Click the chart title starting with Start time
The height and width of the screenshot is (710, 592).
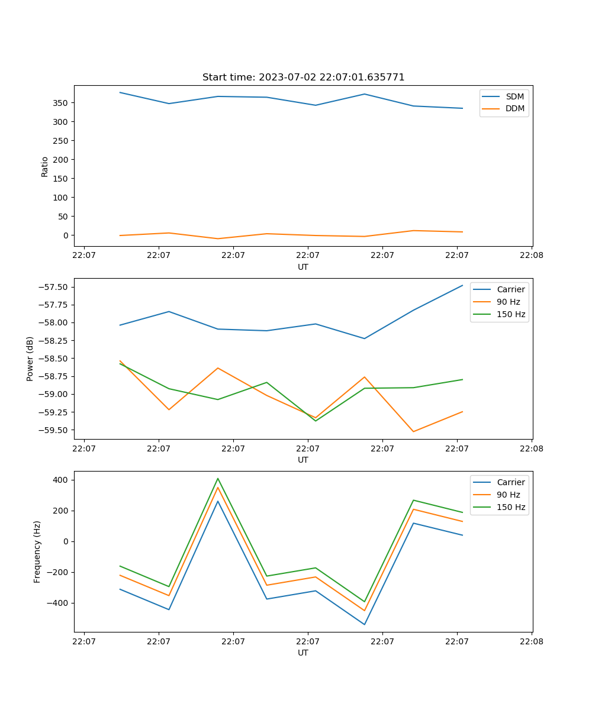tap(303, 78)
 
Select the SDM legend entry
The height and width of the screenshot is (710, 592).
tap(514, 96)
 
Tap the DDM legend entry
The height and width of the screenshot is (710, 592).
tap(514, 108)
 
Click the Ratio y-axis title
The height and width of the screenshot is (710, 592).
tap(45, 166)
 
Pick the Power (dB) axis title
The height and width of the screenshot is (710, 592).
tap(30, 359)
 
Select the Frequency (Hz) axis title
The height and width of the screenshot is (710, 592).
tap(37, 551)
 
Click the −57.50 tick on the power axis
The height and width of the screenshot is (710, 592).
tap(54, 288)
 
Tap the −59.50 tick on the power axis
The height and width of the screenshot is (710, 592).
tap(54, 430)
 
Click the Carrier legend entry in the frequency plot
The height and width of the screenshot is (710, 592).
tap(510, 482)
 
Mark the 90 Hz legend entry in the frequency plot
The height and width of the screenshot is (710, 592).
tap(509, 495)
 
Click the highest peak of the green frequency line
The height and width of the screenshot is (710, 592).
tap(218, 478)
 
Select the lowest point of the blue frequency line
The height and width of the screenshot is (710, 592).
tap(365, 625)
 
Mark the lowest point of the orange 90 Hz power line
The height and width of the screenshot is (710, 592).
tap(413, 431)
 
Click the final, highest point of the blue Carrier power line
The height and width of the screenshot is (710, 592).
tap(462, 285)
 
